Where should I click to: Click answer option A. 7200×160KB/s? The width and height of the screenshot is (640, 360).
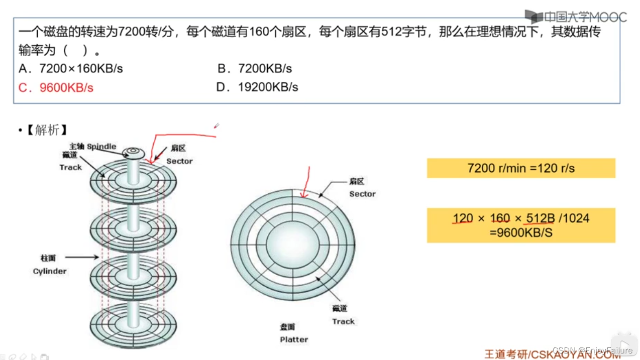coord(70,69)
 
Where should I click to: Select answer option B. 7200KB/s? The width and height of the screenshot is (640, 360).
coord(255,69)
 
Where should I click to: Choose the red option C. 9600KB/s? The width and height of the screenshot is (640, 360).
coord(56,87)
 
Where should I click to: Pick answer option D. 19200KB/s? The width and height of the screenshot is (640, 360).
coord(257,87)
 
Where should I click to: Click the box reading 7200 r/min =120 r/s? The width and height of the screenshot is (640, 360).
coord(521,168)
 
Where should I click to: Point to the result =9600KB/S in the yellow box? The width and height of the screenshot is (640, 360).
coord(521,233)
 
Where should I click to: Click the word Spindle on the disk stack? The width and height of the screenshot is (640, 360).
coord(101,147)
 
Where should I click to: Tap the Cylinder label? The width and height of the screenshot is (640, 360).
coord(50,271)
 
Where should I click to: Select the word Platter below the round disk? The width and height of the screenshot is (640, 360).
coord(294,339)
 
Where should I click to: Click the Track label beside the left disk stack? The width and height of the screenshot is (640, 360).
coord(70,167)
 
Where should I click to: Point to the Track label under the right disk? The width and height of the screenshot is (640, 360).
coord(343,321)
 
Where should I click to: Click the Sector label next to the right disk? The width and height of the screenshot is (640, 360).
coord(362,194)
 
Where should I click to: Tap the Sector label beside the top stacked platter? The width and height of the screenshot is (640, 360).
coord(179,161)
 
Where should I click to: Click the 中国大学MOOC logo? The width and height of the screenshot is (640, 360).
coord(576,17)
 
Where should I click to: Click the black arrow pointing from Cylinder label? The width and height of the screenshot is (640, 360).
coord(81,257)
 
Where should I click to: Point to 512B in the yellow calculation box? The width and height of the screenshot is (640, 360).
coord(541,218)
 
